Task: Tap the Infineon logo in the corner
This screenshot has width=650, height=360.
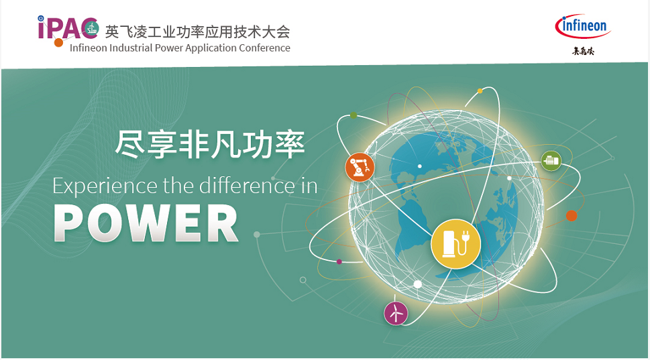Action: (x=583, y=26)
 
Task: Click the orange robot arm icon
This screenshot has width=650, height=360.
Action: (x=360, y=168)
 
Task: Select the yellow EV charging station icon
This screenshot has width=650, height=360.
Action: (x=455, y=243)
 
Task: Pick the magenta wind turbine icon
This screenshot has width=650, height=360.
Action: (x=396, y=313)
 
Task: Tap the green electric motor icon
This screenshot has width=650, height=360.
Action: (x=551, y=161)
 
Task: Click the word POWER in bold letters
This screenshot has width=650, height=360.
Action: (x=146, y=224)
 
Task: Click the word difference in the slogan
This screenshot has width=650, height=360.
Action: (x=247, y=185)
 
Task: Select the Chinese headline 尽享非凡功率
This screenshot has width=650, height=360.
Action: (x=210, y=145)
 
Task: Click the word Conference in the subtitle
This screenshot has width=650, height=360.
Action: (x=264, y=48)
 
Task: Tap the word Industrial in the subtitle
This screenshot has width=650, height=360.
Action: (x=131, y=48)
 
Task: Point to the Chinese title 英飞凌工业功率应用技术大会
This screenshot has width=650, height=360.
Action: (x=197, y=32)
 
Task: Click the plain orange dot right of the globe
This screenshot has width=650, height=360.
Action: (x=572, y=216)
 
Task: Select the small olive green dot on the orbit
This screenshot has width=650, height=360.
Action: (x=354, y=115)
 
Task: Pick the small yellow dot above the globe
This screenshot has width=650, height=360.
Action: (x=480, y=91)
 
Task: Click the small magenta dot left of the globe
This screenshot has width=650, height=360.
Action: (x=339, y=262)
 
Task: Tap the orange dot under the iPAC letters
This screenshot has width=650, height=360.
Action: (x=59, y=42)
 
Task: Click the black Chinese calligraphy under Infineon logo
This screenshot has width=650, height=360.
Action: (x=584, y=51)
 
